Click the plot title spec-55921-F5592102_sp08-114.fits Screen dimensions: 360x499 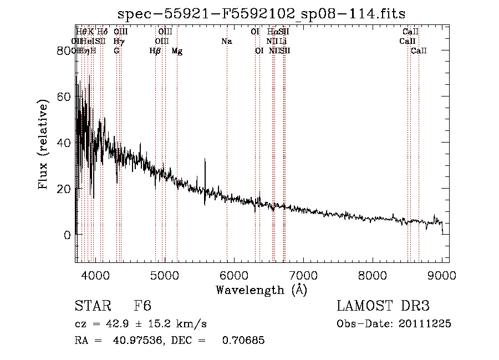pyautogui.click(x=262, y=14)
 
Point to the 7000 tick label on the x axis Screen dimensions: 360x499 pyautogui.click(x=303, y=275)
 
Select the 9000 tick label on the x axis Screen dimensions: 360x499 pyautogui.click(x=442, y=275)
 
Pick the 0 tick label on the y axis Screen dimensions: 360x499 pyautogui.click(x=67, y=235)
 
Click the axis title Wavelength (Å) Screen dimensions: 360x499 pyautogui.click(x=261, y=290)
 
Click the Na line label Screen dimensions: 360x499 pyautogui.click(x=226, y=42)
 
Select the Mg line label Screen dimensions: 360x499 pyautogui.click(x=177, y=51)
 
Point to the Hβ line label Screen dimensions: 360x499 pyautogui.click(x=155, y=51)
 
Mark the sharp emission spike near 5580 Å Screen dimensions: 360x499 pyautogui.click(x=205, y=161)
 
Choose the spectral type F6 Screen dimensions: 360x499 pyautogui.click(x=142, y=307)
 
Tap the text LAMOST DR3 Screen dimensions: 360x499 pyautogui.click(x=383, y=306)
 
